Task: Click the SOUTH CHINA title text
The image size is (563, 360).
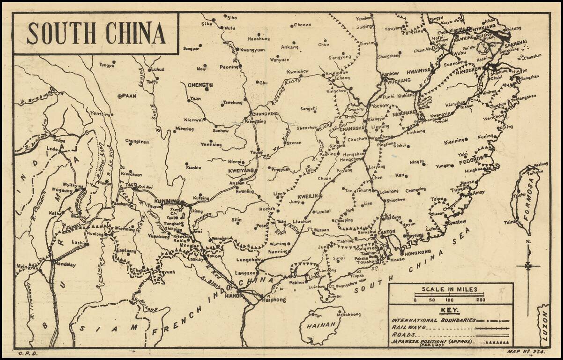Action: point(96,33)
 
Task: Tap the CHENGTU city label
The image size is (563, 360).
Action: point(200,85)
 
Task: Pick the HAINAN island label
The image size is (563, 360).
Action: point(321,324)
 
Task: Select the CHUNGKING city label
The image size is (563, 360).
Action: point(265,114)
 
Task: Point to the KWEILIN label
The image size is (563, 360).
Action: point(308,195)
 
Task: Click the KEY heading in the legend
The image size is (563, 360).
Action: point(449,310)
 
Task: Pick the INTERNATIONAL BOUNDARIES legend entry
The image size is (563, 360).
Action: point(433,320)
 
